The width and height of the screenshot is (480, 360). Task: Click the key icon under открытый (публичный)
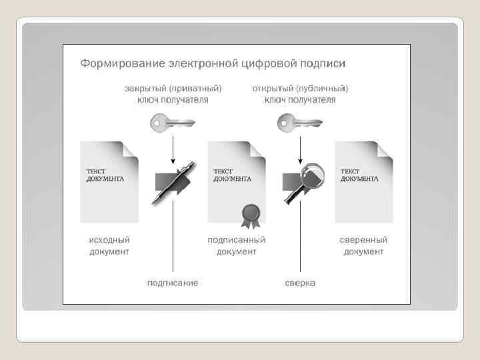click(299, 123)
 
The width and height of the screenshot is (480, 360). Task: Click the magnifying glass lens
click(310, 176)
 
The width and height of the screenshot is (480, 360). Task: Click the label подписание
click(173, 283)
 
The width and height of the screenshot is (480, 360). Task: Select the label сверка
click(300, 283)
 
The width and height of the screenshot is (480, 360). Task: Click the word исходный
click(109, 240)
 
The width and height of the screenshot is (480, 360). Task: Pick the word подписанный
click(237, 240)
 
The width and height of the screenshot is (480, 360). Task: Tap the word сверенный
click(363, 240)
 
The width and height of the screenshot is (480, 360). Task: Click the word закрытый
click(145, 88)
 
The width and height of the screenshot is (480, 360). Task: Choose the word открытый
click(273, 88)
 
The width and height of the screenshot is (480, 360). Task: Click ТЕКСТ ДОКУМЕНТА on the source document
click(105, 175)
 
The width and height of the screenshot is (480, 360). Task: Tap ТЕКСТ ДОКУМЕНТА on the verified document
click(359, 175)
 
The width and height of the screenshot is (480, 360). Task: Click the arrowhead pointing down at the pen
click(173, 162)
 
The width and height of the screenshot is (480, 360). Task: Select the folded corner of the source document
click(131, 150)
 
